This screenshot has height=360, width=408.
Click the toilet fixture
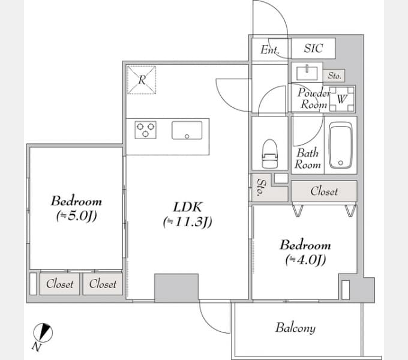270,154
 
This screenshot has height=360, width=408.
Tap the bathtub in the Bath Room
341,145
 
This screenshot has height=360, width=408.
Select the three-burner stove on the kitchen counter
145,130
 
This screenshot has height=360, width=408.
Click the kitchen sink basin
187,130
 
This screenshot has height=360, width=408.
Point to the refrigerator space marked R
142,80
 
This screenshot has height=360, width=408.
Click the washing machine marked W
342,99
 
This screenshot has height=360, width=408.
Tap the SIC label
314,48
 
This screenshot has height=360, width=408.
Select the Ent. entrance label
270,49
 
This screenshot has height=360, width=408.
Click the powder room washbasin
307,73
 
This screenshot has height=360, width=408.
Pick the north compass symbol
43,332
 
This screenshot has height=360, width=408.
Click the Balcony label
296,328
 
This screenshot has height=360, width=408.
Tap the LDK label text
187,208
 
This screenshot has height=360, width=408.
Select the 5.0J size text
77,216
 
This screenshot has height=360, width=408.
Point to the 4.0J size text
305,260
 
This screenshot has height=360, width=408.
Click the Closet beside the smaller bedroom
324,191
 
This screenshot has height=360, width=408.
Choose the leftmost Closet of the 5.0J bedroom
59,284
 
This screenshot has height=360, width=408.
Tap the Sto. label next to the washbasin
334,76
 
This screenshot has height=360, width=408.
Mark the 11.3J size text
188,222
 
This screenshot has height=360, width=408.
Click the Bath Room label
307,158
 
